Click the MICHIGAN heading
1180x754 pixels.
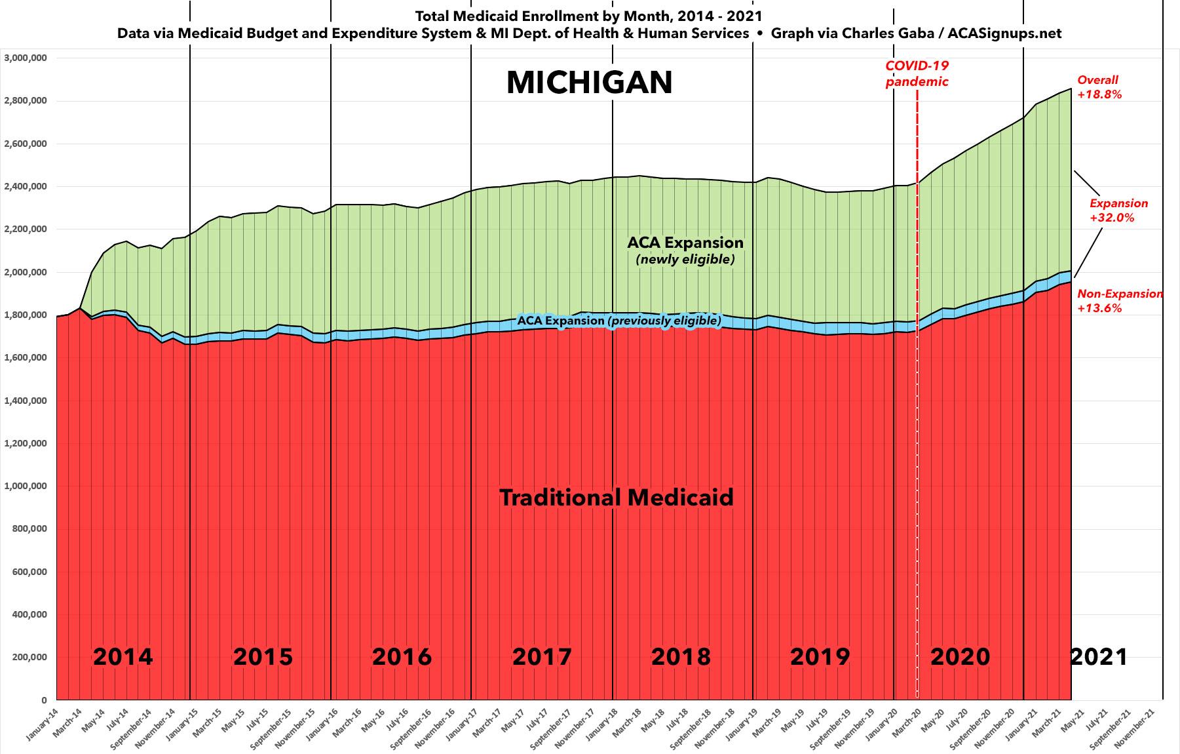pos(590,83)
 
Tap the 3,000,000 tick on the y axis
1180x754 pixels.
pos(26,58)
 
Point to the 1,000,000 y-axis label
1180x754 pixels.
pos(26,486)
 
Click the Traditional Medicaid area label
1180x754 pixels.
pos(617,498)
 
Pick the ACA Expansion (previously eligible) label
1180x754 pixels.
pos(619,321)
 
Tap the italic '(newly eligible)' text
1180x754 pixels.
pos(685,260)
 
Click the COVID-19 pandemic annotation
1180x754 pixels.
pos(917,73)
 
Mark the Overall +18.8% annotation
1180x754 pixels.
pos(1099,87)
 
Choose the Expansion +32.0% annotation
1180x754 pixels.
pos(1118,210)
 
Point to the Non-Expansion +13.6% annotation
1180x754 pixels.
pos(1120,301)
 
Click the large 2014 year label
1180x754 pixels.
pos(123,656)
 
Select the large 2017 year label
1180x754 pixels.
pos(542,656)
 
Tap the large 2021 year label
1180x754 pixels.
pos(1099,656)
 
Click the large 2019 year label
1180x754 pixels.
pos(820,656)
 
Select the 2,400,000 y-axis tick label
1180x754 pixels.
pos(26,186)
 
